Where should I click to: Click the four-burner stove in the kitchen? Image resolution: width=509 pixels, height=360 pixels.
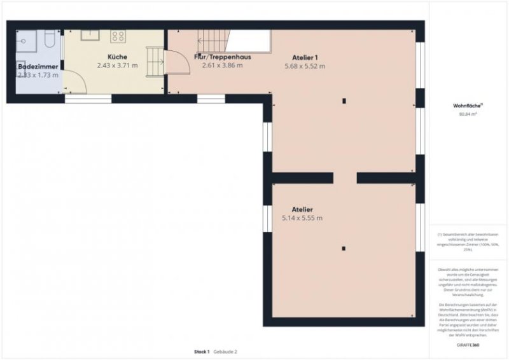point(118,36)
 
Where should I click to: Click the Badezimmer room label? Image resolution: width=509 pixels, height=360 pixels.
point(38,66)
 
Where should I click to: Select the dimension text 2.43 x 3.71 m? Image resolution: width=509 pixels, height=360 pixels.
point(117,65)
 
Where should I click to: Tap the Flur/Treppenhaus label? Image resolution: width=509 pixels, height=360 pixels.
point(222,57)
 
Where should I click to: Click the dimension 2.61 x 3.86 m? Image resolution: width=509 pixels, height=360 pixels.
point(222,65)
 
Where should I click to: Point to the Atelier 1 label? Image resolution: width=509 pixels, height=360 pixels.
point(305,57)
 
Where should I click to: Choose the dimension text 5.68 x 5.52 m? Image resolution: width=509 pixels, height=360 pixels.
point(305,66)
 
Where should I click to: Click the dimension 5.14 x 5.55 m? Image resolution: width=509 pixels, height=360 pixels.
point(302,218)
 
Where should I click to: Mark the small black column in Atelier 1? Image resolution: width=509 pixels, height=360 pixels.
point(344,100)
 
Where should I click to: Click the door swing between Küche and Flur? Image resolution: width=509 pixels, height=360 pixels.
point(171,62)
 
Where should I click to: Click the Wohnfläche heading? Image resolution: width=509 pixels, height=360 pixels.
point(468,105)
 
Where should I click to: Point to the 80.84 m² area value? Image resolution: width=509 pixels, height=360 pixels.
point(468,114)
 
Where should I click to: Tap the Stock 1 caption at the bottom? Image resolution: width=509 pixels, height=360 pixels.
point(202,352)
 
